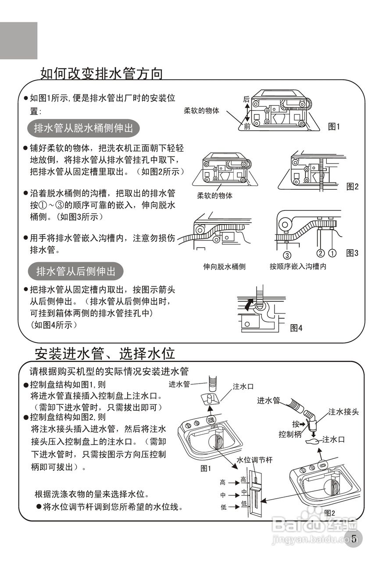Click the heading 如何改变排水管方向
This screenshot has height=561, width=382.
click(101, 73)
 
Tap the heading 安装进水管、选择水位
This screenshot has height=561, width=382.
click(105, 353)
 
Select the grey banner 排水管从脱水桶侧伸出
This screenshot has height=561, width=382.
click(83, 128)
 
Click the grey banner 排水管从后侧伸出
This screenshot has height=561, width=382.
click(76, 271)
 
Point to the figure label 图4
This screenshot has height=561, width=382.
click(296, 327)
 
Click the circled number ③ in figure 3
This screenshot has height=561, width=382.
click(286, 253)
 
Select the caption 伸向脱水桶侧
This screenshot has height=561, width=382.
click(224, 266)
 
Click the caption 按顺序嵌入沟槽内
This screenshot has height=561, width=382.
click(298, 266)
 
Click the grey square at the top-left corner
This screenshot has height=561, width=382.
click(18, 40)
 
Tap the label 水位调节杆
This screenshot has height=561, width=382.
click(254, 460)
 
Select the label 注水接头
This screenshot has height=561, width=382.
click(344, 412)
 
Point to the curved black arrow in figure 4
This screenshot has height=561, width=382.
click(249, 304)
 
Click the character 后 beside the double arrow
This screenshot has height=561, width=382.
click(246, 99)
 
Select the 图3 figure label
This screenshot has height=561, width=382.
click(352, 253)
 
